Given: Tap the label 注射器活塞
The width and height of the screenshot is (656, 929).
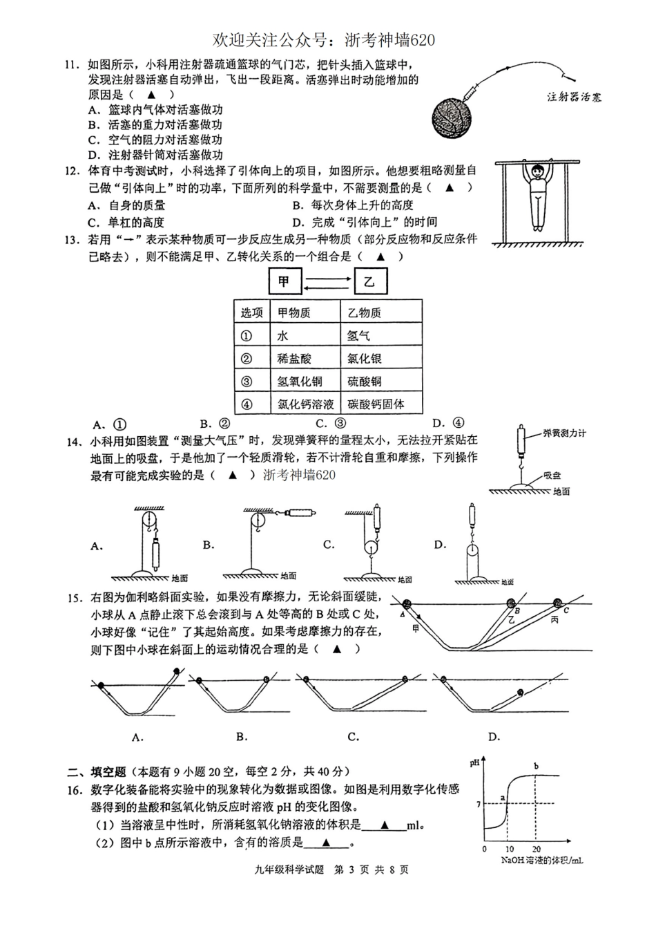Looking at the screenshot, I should point(573,97).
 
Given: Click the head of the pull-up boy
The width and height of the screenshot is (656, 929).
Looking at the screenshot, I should point(539,173).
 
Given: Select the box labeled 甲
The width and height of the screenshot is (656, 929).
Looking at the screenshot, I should point(284,282).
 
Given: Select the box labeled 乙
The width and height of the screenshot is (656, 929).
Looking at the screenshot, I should point(370,282).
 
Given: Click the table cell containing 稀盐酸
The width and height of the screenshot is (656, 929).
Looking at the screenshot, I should point(305,359).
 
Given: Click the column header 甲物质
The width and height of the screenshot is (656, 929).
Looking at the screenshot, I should point(305,313).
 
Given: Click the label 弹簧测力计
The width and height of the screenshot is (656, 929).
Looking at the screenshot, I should point(564,433).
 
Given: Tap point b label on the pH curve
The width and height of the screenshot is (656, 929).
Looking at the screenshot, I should point(536,765).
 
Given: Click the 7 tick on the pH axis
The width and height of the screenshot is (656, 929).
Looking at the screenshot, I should point(477,803).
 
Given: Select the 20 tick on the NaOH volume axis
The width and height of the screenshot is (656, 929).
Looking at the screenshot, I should point(537,849).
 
